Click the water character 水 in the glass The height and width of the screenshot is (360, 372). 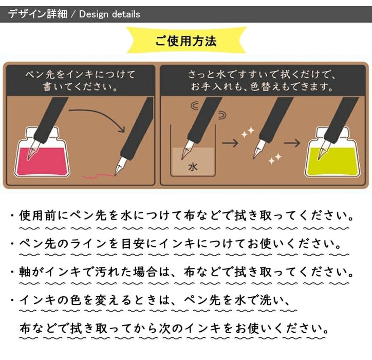coord(193,167)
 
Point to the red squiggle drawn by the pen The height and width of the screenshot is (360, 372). coord(99,176)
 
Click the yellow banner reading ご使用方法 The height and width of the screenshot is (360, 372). coord(186,40)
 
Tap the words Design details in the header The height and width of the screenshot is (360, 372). coord(109,14)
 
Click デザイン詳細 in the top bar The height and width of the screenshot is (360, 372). coord(38,14)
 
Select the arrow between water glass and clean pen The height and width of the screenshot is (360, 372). coord(230,143)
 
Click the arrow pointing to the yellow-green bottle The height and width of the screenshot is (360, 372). coord(292,143)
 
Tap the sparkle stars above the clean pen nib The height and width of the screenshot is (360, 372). coord(248,132)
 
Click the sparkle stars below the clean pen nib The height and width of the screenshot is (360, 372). coord(275,158)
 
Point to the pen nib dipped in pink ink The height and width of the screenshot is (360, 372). coord(32,149)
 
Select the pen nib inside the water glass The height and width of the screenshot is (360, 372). coord(186,150)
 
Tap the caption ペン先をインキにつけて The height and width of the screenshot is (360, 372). coord(80,75)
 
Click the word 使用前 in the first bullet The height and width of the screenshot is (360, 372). coord(39,215)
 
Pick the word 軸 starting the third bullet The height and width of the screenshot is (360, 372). coord(25,272)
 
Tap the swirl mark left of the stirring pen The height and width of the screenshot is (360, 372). coord(195,105)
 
